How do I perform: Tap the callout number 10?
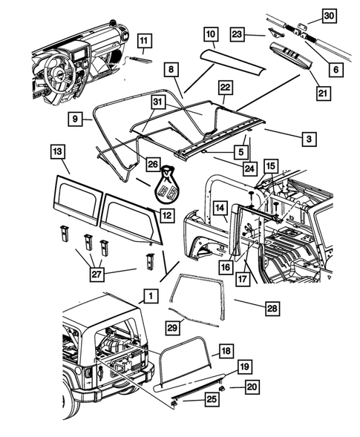[210, 33]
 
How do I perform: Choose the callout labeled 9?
[74, 117]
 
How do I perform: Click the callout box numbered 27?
[97, 275]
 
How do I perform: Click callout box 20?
[253, 387]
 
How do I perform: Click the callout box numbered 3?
[305, 137]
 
